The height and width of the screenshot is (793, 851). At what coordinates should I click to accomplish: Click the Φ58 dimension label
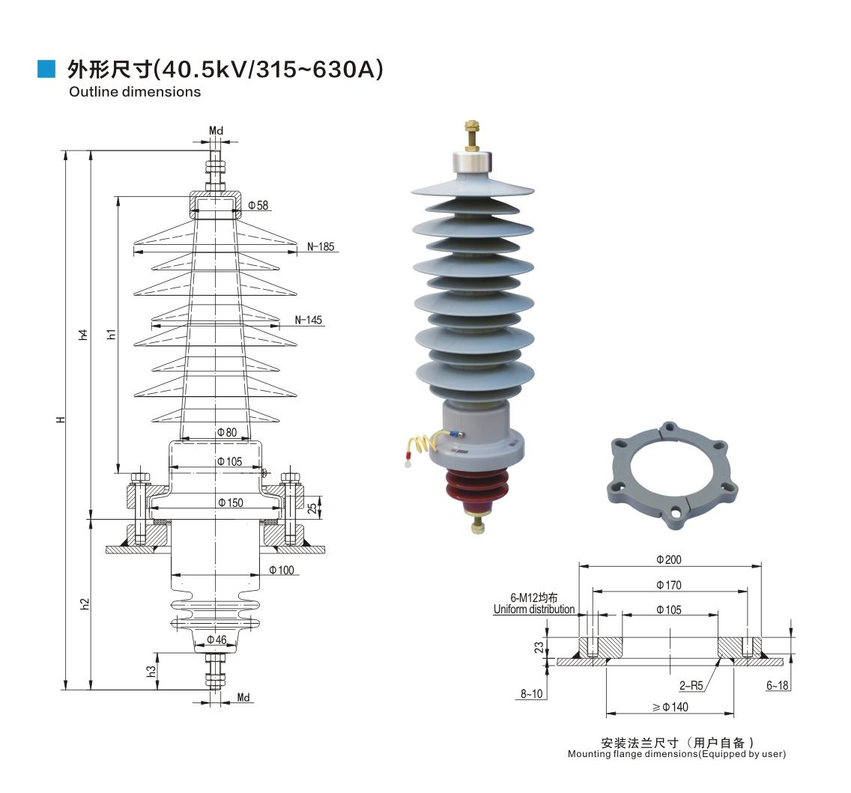[258, 205]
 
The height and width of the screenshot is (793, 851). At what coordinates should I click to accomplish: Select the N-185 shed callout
[321, 246]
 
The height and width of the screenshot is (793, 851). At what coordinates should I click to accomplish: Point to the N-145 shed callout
[308, 320]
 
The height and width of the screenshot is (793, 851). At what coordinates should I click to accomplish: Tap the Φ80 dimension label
[226, 432]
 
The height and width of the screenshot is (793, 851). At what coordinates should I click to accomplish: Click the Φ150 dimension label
[230, 502]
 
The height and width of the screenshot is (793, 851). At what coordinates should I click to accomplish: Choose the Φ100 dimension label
[282, 571]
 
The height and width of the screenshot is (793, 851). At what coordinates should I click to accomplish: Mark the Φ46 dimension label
[216, 639]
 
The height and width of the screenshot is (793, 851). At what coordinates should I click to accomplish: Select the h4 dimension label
[85, 335]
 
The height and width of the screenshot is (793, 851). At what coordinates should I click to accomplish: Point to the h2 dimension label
[85, 604]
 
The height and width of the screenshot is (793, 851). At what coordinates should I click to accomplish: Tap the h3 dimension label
[151, 671]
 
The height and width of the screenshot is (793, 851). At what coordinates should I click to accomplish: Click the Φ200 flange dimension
[669, 559]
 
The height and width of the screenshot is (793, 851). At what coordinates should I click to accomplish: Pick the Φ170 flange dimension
[669, 585]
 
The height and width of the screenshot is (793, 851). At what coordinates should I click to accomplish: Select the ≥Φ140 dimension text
[670, 707]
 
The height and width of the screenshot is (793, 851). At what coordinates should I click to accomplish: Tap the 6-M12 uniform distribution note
[534, 603]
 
